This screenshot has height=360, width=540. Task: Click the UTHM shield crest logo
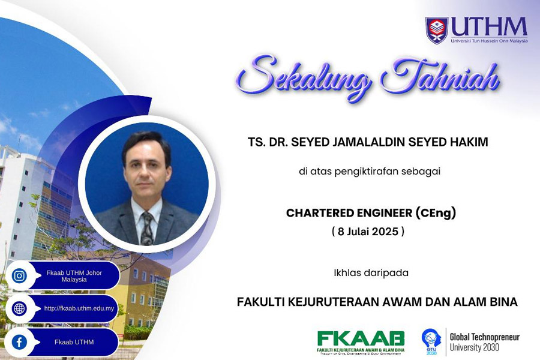(436, 30)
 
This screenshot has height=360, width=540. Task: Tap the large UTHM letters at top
(488, 27)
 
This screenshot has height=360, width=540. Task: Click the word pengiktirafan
(370, 172)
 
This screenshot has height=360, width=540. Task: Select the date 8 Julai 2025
(368, 231)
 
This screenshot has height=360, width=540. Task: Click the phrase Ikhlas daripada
(371, 272)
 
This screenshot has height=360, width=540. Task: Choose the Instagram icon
(19, 276)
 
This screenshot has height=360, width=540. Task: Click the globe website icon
(19, 309)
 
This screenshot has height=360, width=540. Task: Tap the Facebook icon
(19, 342)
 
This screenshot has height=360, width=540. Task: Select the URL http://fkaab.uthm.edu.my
(79, 309)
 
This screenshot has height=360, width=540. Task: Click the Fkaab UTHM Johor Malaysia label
(74, 276)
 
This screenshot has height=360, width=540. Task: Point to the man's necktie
(147, 229)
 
